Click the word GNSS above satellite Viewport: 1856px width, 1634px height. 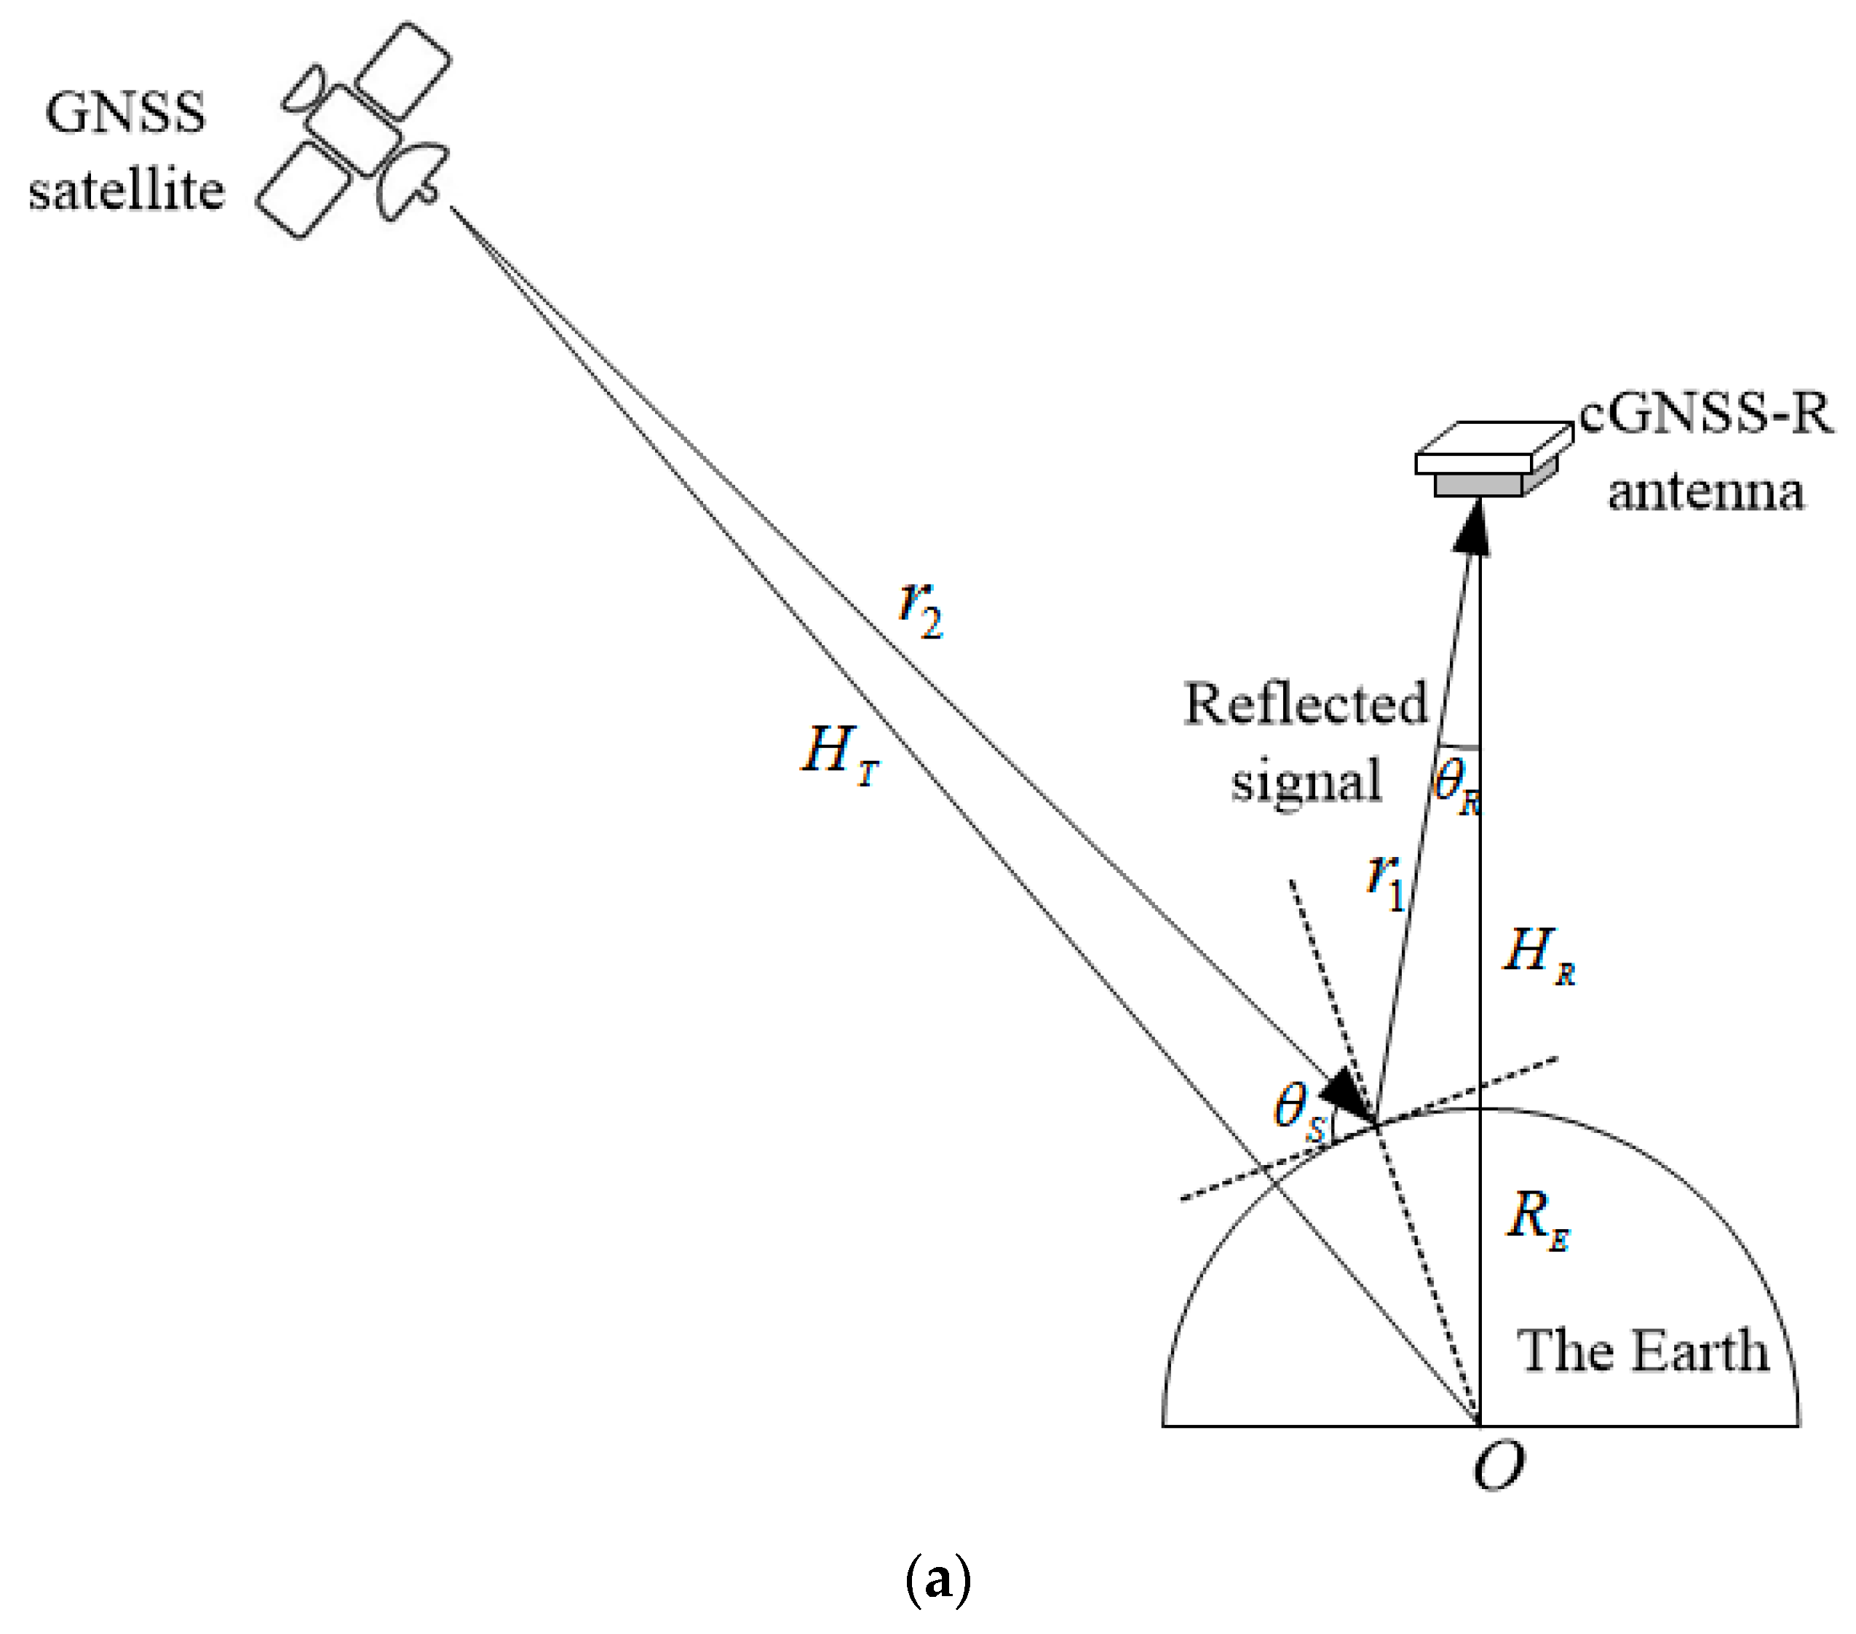125,113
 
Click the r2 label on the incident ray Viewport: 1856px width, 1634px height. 921,609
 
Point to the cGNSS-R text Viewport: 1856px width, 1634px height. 1706,414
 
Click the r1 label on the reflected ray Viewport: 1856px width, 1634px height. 1386,880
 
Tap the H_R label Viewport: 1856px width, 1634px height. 1538,955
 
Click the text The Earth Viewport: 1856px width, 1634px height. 1643,1351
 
